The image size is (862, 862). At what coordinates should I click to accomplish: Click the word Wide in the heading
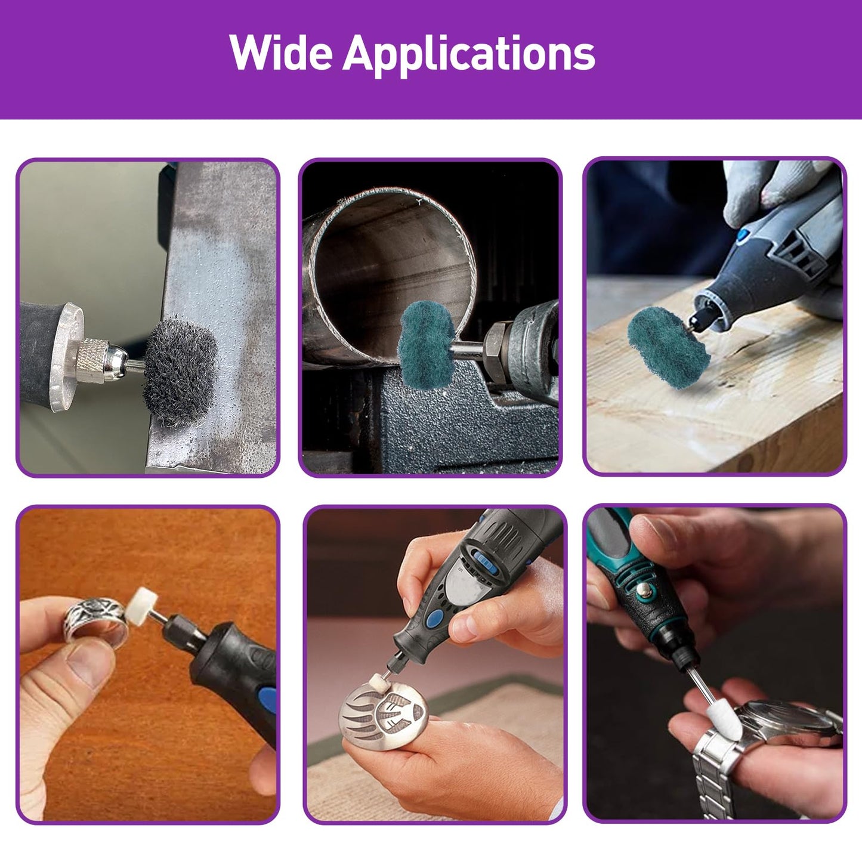coord(281,52)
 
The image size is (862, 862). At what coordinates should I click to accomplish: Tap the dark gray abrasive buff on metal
coord(180,371)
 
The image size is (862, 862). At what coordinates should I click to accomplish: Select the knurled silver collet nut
coord(92,360)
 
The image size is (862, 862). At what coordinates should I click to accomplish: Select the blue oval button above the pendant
coord(432,620)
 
